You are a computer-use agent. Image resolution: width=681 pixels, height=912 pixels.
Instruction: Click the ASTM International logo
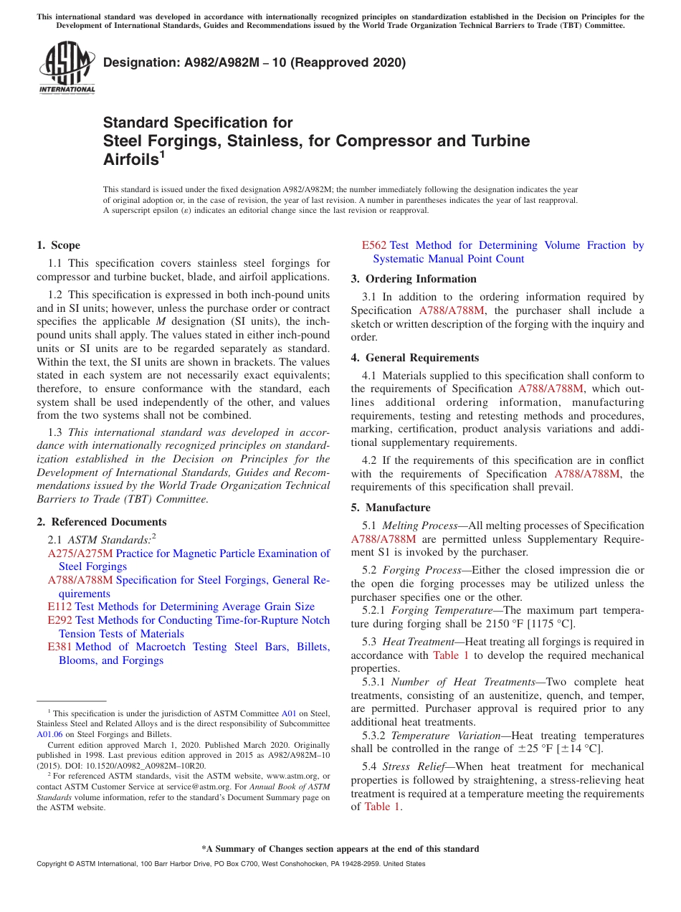pos(67,67)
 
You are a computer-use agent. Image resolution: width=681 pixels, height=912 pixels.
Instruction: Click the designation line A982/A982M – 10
pos(254,62)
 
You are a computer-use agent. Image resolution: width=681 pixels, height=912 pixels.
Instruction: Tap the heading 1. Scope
pos(58,245)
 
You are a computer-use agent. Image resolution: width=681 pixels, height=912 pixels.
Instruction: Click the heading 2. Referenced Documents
pos(101,522)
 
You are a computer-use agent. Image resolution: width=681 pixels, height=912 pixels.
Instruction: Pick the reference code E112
pos(59,607)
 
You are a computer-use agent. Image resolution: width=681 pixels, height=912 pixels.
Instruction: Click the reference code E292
pos(59,620)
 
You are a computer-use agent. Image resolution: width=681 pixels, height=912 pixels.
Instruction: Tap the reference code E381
pos(59,647)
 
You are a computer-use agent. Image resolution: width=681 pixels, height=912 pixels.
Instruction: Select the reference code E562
pos(373,245)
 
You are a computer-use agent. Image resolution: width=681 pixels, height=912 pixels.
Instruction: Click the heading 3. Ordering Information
pos(414,279)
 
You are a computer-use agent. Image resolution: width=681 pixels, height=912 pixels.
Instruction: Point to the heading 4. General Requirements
pos(414,358)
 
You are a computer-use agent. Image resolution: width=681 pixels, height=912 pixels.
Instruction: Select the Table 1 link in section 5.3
pos(450,655)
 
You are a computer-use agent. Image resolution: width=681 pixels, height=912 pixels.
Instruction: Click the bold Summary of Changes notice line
pos(340,849)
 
